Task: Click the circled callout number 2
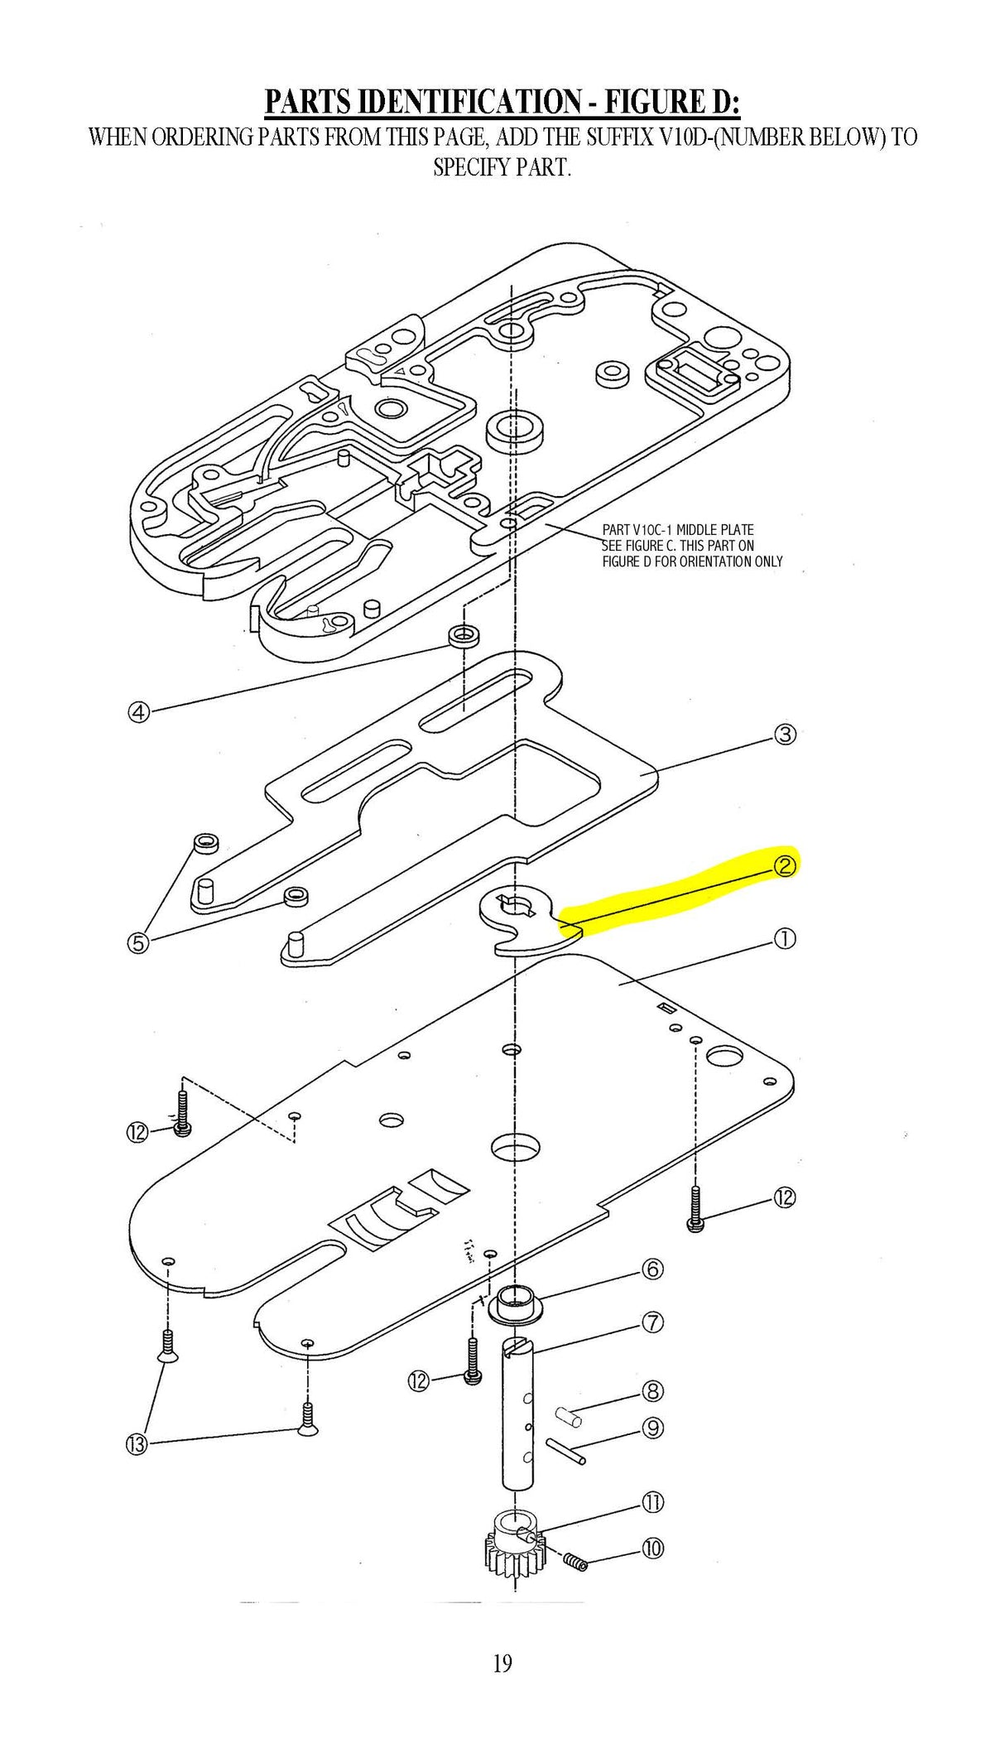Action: tap(784, 865)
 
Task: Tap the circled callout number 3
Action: tap(785, 734)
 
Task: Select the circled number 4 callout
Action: tap(139, 711)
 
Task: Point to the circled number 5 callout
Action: tap(138, 942)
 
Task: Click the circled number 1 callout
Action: tap(784, 938)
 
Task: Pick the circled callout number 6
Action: tap(653, 1269)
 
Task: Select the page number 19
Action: tap(502, 1663)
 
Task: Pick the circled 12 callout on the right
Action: tap(784, 1197)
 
